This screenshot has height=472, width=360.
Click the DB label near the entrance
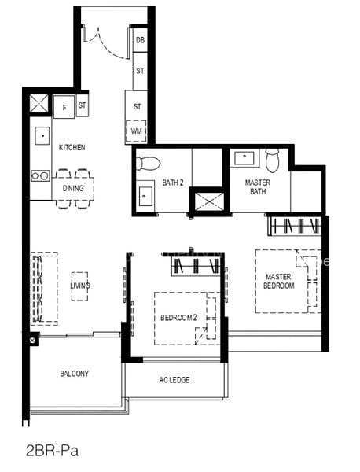140,40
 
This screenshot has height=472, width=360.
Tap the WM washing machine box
136,131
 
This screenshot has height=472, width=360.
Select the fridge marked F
64,107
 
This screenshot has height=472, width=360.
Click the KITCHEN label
72,148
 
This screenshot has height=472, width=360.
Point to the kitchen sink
42,136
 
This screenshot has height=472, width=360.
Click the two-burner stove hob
40,175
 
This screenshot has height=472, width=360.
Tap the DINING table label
73,189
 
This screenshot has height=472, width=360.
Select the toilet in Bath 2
147,163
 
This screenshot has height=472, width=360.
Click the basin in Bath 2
145,196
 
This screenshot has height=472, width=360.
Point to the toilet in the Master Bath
273,160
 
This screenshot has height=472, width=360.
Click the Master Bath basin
244,157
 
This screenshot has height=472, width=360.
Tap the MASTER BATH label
258,187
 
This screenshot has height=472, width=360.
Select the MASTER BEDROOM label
279,281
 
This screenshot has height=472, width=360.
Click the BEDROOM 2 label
178,318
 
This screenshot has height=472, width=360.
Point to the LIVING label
80,286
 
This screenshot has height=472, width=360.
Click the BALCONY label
75,374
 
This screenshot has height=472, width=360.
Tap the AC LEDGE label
174,380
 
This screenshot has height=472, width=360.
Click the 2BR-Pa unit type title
53,451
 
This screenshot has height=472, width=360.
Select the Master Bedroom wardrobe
295,226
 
